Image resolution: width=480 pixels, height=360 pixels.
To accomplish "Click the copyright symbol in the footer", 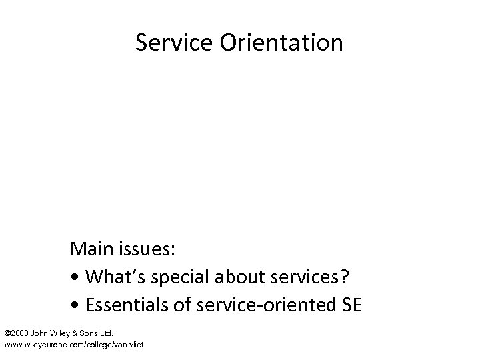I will coord(7,331).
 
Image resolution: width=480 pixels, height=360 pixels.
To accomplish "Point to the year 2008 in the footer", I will coord(20,331).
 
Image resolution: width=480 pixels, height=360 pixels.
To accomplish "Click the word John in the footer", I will coord(39,331).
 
